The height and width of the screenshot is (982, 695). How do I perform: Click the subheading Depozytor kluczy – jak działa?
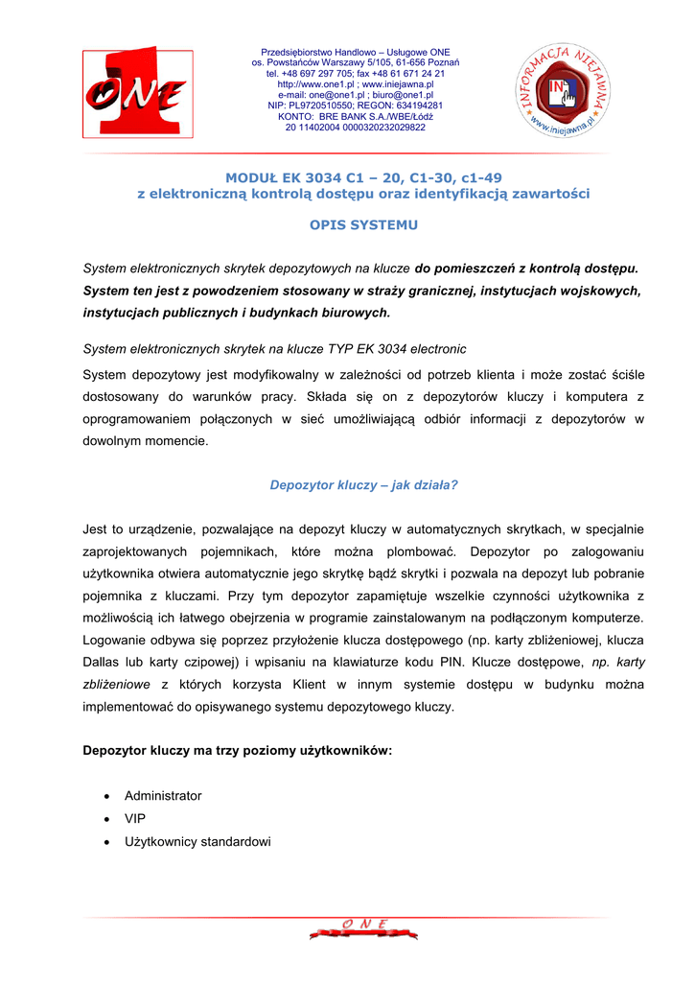363,485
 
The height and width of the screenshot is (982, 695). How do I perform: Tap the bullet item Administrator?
163,796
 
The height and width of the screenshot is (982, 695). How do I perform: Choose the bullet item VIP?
135,819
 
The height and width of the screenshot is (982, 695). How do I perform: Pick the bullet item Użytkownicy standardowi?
197,842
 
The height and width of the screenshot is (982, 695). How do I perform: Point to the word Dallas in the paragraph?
104,662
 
